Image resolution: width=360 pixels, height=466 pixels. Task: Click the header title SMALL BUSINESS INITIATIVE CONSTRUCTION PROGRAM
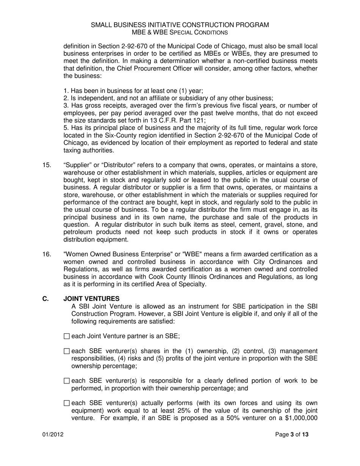[x=180, y=25]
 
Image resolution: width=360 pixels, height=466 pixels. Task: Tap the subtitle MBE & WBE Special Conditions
[x=180, y=33]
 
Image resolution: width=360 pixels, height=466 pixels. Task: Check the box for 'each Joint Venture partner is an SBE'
[x=67, y=336]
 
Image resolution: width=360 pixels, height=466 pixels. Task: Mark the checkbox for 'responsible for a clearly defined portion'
[x=67, y=381]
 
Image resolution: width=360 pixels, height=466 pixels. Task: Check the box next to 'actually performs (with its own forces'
[x=67, y=403]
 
